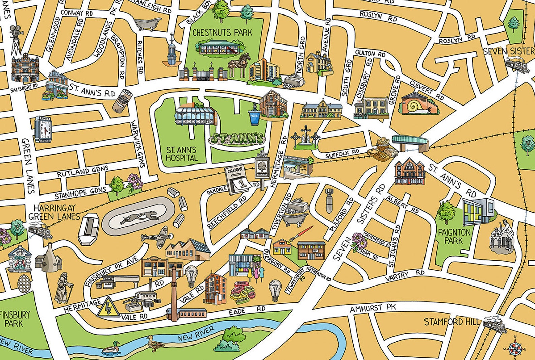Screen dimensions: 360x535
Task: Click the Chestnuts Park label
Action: (x=222, y=33)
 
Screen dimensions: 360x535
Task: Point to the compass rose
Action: (x=514, y=348)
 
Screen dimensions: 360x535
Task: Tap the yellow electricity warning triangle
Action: (x=108, y=307)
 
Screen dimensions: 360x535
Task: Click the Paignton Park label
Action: (x=454, y=236)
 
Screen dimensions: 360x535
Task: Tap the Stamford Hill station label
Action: (x=451, y=322)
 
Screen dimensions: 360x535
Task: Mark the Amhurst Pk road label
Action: (x=372, y=308)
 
